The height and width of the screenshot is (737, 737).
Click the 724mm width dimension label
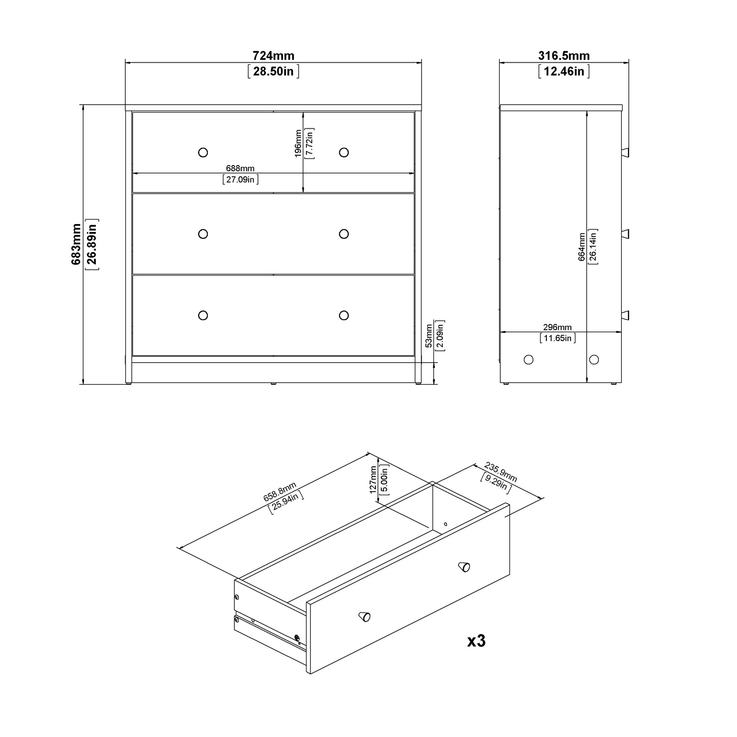point(274,56)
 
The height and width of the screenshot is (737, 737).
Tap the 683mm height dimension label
point(76,244)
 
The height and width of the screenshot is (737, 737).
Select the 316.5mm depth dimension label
point(564,56)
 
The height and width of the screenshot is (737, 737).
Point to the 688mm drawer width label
point(240,169)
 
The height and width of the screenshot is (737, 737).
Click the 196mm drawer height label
point(298,143)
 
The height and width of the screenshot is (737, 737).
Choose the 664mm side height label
point(582,247)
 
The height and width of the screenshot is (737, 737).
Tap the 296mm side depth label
point(557,328)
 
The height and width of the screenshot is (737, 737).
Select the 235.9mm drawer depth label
point(501,472)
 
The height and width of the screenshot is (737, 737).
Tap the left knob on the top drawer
point(203,152)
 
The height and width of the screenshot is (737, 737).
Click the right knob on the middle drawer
point(344,234)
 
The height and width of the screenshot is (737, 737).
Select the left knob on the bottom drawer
point(203,315)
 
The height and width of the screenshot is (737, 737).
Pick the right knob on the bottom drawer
point(344,315)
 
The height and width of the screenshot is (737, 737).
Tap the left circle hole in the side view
point(529,360)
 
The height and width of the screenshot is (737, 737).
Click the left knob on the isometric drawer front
point(364,616)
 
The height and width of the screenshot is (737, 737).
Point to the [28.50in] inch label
point(274,71)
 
